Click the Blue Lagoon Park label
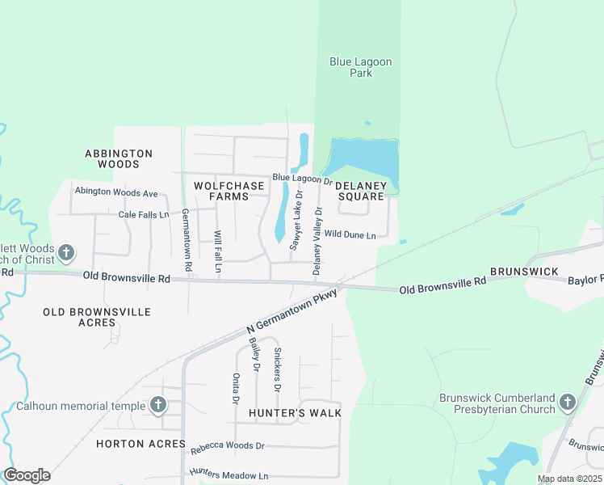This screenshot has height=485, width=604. (350, 66)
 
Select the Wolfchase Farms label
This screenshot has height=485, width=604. (229, 191)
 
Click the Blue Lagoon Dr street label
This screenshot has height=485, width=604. (302, 178)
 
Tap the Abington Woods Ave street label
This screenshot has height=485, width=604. (116, 192)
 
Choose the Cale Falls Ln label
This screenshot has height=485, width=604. (144, 214)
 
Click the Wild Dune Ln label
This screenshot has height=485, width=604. (350, 235)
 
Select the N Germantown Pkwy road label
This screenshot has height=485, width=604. (292, 310)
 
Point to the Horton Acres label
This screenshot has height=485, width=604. (141, 444)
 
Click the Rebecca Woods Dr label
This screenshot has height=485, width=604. (227, 445)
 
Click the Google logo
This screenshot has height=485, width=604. (27, 475)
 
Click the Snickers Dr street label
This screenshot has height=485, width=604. (277, 369)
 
